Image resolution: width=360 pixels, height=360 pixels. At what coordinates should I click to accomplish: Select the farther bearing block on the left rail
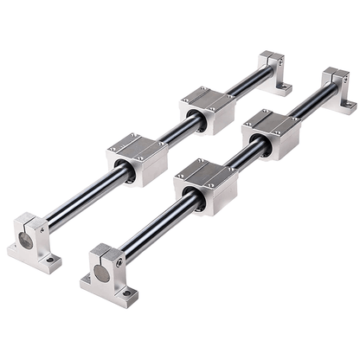pyautogui.click(x=208, y=109)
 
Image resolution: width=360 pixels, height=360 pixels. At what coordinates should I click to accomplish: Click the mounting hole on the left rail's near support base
pyautogui.click(x=54, y=259)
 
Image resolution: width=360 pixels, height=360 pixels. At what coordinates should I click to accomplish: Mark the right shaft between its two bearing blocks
pyautogui.click(x=238, y=160)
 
